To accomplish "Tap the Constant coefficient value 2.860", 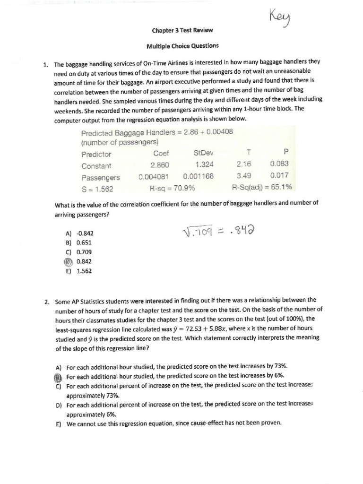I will tap(160, 165).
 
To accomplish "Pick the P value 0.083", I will tap(279, 164).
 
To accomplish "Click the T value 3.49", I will tap(243, 175).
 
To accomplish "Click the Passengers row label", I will tap(100, 178).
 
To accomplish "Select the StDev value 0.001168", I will tap(198, 176).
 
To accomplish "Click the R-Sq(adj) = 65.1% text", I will tap(262, 187).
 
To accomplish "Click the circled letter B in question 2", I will tap(59, 376).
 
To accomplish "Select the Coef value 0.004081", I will tap(154, 177).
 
